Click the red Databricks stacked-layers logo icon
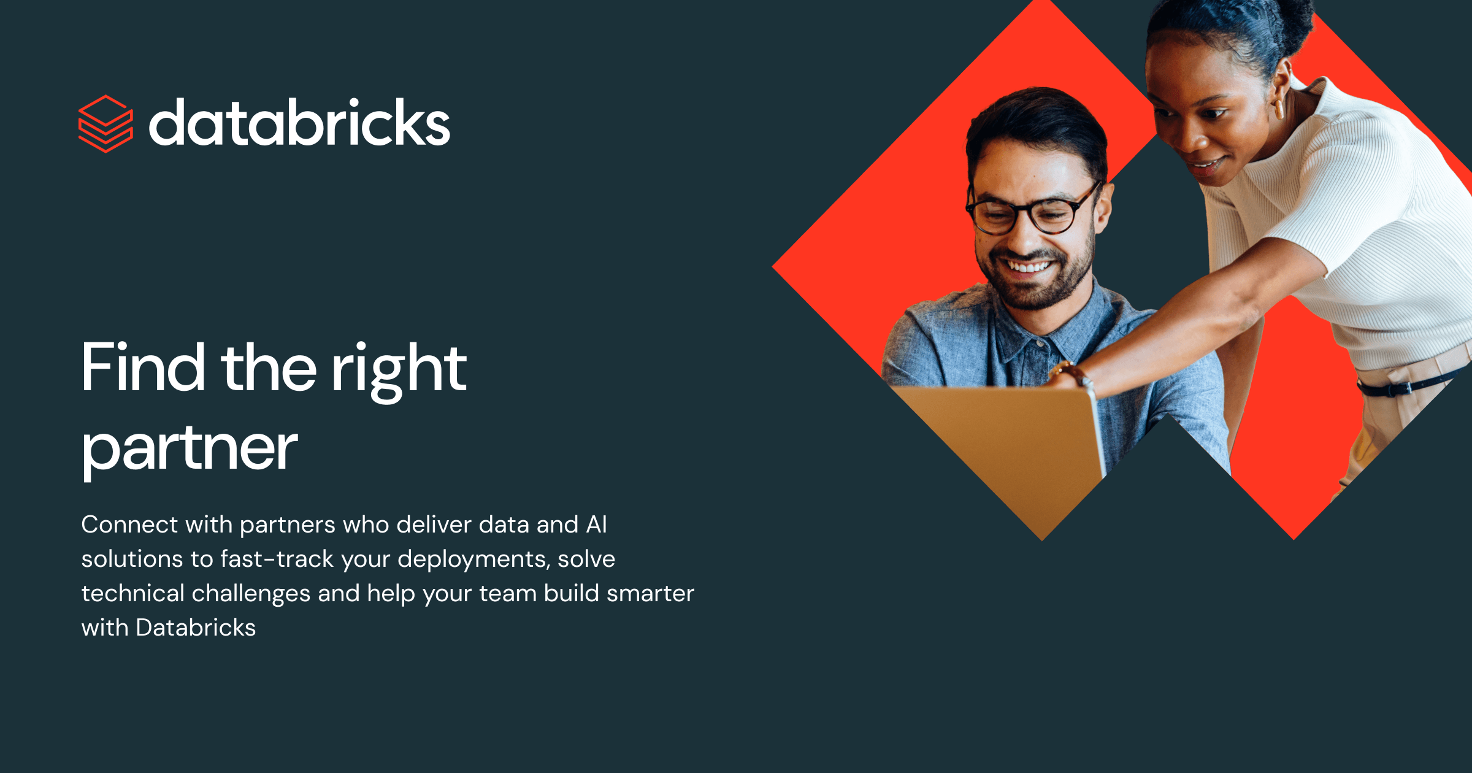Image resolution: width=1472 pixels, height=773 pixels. click(105, 124)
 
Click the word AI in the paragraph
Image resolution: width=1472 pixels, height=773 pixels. click(596, 525)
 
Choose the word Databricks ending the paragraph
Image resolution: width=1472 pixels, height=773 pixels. click(196, 628)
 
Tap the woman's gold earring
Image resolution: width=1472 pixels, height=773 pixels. click(1279, 109)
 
